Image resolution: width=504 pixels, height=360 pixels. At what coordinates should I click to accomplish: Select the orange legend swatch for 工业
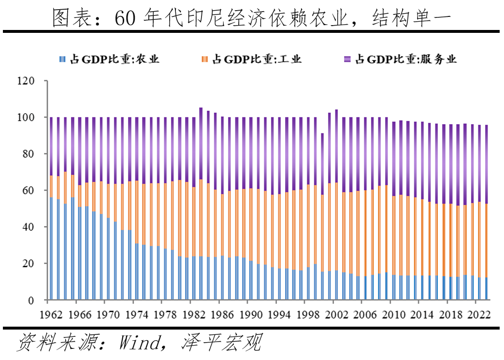(x=205, y=59)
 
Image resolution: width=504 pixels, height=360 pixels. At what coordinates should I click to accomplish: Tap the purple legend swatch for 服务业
(x=347, y=59)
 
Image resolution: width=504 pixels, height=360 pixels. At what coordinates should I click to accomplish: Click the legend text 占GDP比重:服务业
(x=406, y=59)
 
